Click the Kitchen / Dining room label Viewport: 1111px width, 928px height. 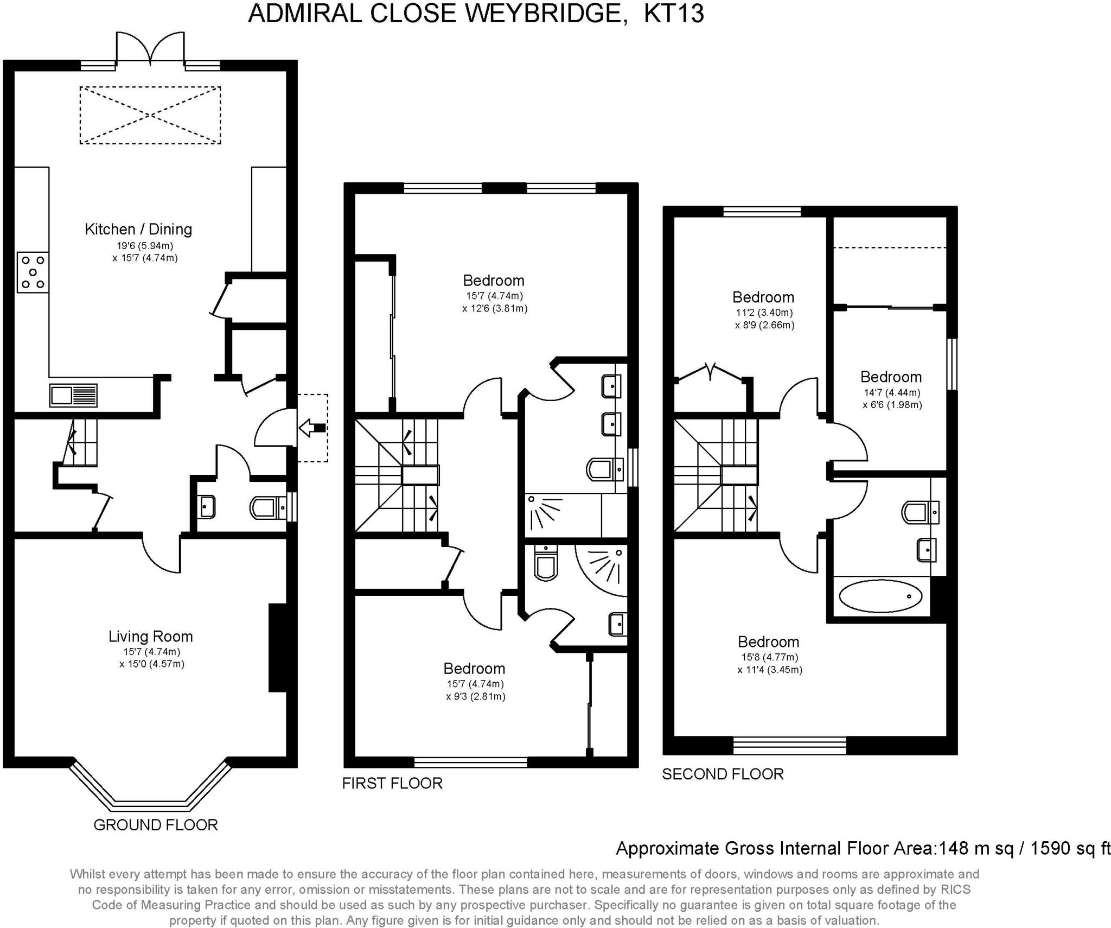point(138,229)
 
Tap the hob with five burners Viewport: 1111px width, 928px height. point(33,272)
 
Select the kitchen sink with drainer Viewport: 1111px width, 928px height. point(73,395)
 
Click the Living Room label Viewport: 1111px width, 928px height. point(151,636)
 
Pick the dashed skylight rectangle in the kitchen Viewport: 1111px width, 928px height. point(150,115)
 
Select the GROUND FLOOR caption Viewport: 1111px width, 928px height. point(156,825)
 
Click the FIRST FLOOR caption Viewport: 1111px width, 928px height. point(392,783)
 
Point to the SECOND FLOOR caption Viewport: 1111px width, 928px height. point(723,774)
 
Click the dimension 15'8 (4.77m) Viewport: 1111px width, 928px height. point(770,657)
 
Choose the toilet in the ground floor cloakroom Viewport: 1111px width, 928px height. point(268,508)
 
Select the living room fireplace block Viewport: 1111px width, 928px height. point(278,647)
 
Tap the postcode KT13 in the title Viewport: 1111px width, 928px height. point(674,14)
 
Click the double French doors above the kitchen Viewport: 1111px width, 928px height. point(150,50)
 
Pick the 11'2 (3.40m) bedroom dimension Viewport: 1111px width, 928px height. point(764,313)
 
